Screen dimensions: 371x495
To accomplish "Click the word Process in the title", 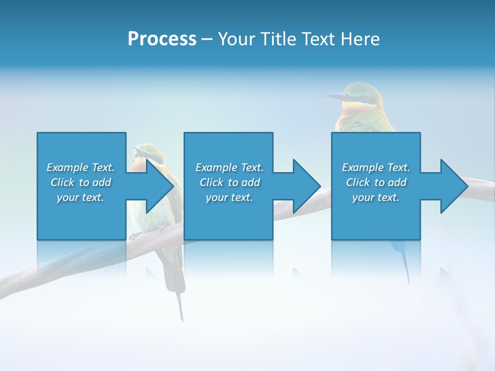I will (x=162, y=39).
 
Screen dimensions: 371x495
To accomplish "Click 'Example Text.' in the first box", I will (x=80, y=167).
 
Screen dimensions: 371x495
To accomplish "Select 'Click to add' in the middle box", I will (x=229, y=182).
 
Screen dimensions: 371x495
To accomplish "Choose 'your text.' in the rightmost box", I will (x=376, y=197).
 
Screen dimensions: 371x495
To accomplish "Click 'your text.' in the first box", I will (x=80, y=197).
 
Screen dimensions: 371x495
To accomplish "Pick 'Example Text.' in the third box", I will (x=376, y=167).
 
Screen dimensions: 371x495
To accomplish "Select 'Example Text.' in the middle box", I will (x=229, y=167).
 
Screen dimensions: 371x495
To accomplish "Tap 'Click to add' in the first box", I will (x=80, y=182).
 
